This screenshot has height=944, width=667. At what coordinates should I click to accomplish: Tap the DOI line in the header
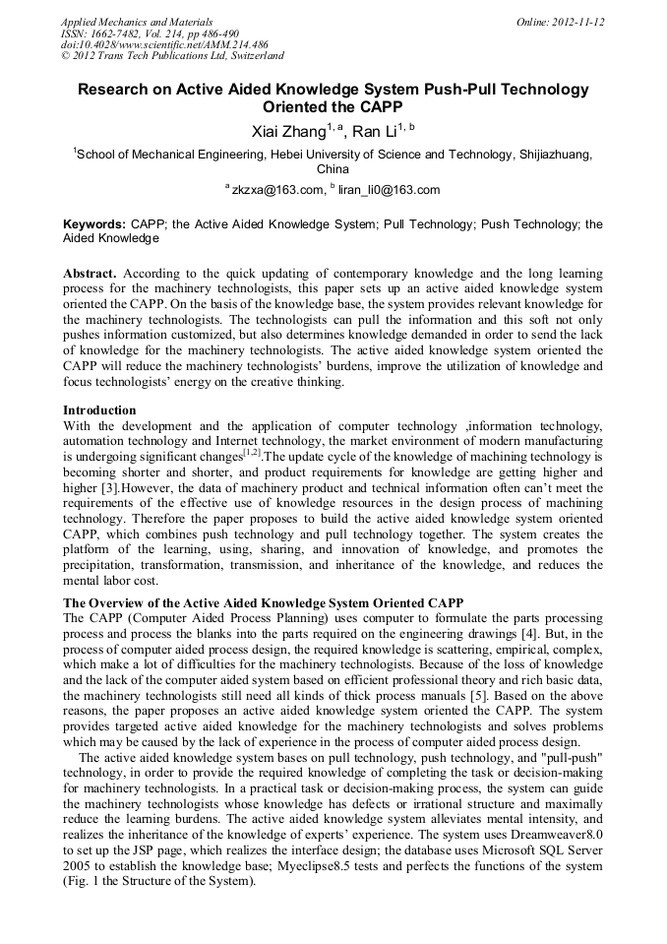point(165,44)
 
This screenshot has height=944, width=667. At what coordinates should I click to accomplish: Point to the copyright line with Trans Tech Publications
point(172,56)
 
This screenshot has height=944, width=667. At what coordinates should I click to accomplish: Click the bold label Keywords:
point(94,224)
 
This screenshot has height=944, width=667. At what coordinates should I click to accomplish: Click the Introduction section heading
point(99,409)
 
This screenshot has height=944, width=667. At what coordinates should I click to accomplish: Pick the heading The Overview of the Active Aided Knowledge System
point(263,602)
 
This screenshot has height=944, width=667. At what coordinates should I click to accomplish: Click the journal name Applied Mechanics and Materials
point(132,21)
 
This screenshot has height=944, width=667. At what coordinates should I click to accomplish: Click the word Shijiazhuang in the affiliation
point(557,155)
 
